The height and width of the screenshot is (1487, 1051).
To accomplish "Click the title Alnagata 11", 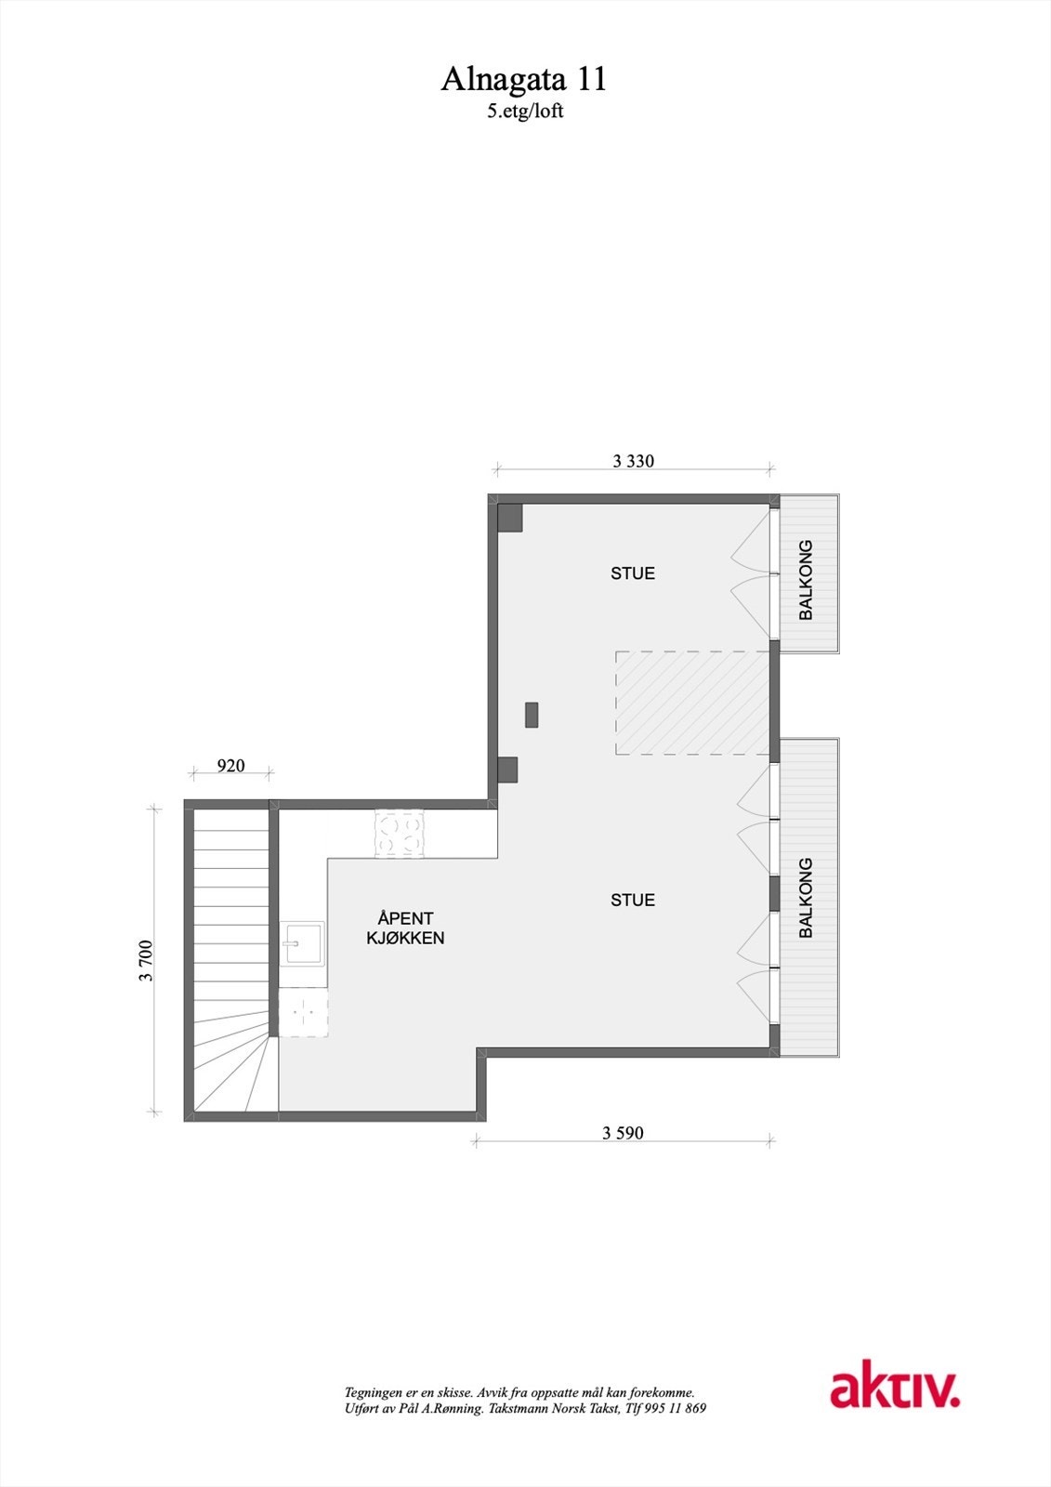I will (523, 80).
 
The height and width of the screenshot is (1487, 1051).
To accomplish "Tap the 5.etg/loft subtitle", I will (525, 112).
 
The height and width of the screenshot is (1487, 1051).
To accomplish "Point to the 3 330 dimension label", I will (633, 461).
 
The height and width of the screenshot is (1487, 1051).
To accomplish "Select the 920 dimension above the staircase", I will (230, 766).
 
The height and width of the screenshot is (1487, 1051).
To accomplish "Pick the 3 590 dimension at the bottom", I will (623, 1133).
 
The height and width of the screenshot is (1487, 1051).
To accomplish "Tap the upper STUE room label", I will (633, 573).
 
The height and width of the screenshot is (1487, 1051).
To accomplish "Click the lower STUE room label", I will (633, 900).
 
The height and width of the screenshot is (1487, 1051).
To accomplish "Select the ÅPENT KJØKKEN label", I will (405, 928).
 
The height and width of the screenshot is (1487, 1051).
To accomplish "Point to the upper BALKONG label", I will (807, 580).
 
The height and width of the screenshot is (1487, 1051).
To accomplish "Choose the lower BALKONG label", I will (807, 897).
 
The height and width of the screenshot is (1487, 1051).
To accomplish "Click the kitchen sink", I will (302, 944).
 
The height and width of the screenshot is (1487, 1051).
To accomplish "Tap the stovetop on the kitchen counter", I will (400, 834).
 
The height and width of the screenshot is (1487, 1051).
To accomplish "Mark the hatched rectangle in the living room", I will (692, 703).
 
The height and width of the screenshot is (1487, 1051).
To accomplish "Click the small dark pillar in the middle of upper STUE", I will (532, 715).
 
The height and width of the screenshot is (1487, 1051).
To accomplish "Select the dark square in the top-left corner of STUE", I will (509, 518).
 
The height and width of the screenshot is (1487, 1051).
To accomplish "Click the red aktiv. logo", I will (894, 1389).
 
